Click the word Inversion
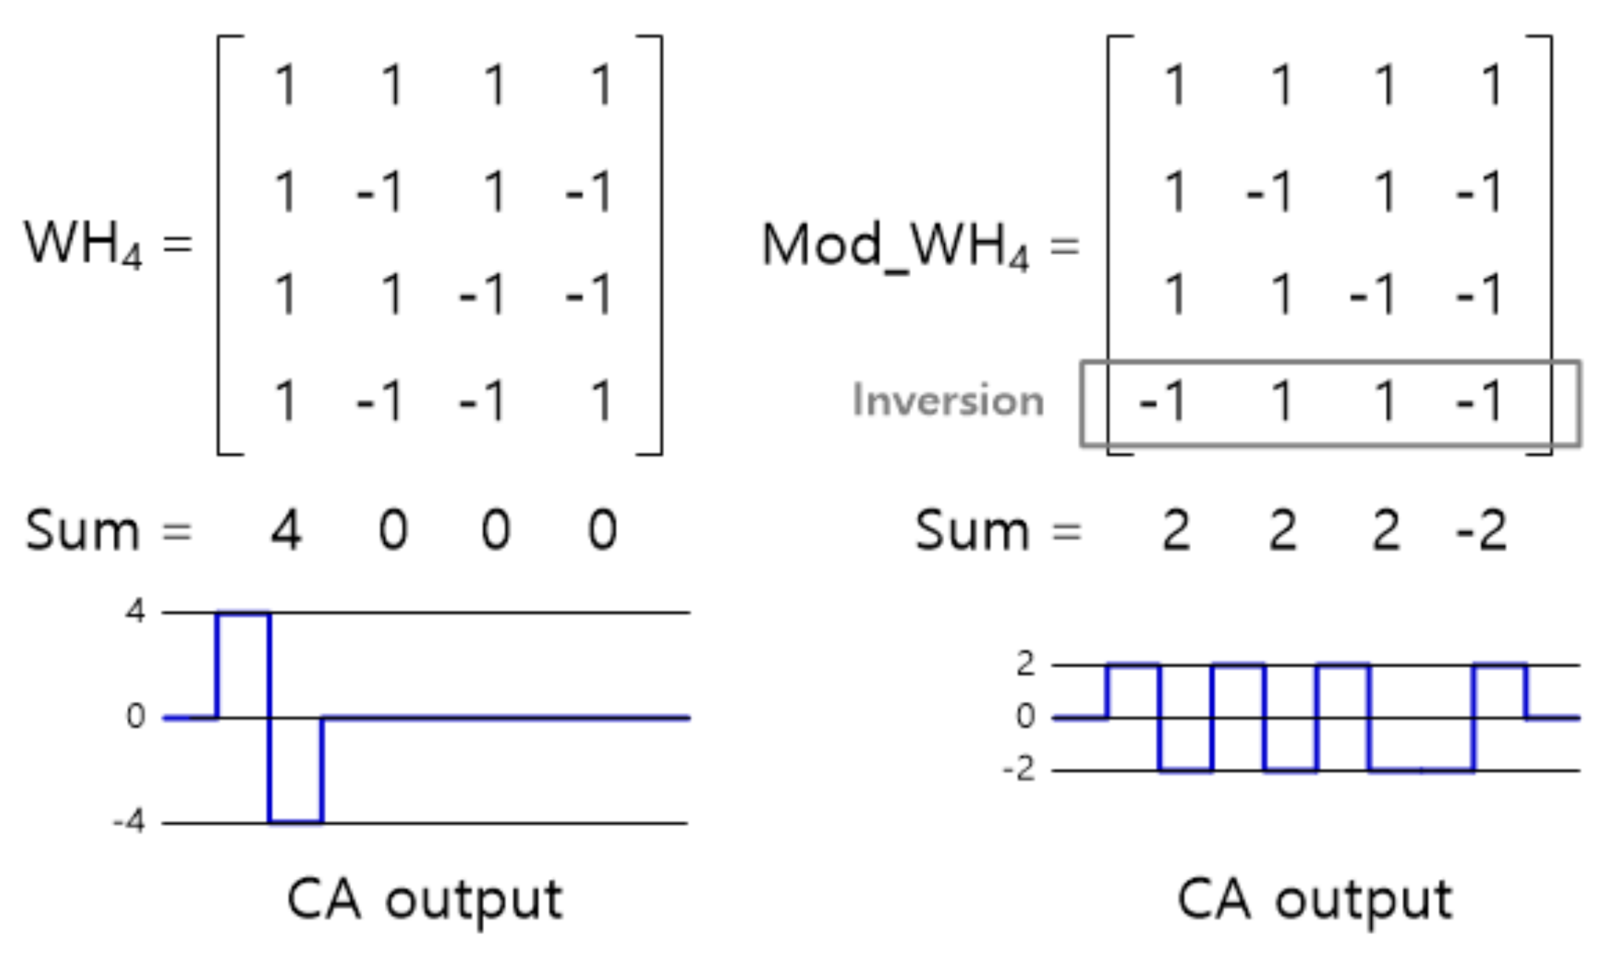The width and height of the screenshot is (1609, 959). (x=948, y=401)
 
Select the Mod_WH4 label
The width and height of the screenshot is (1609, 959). (x=894, y=245)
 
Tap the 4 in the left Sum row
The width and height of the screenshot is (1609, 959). (x=286, y=530)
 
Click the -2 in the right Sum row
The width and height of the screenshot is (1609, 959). (x=1480, y=530)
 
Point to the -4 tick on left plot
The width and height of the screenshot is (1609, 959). (x=129, y=822)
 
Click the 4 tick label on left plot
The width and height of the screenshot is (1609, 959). (x=135, y=612)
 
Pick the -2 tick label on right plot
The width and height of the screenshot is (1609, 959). (x=1019, y=770)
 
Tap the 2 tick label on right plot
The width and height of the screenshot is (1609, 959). (x=1025, y=663)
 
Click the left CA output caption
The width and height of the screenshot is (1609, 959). (x=425, y=900)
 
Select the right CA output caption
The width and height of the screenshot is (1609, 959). (x=1314, y=900)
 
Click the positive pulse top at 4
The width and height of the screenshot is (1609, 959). (x=243, y=613)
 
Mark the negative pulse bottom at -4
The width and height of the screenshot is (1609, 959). (x=296, y=821)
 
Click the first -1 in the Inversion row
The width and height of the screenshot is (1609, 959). (x=1163, y=401)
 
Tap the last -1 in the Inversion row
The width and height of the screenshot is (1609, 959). (x=1479, y=401)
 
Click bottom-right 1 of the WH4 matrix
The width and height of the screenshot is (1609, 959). (x=602, y=401)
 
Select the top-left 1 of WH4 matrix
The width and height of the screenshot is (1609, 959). (x=285, y=84)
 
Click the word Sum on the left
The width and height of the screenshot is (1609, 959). (x=82, y=530)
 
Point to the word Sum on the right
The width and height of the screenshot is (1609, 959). (x=971, y=530)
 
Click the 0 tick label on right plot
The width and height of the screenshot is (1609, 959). (x=1025, y=716)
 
